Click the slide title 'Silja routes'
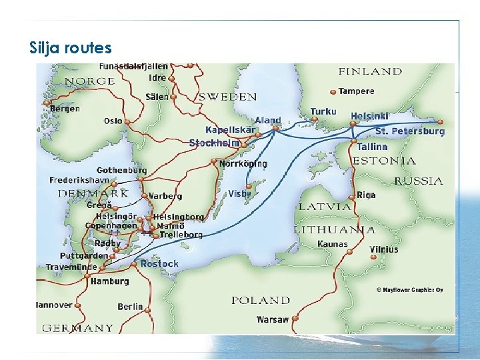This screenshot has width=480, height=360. [71, 48]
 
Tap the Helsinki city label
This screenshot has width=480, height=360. [369, 116]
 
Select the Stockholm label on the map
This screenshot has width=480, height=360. [214, 143]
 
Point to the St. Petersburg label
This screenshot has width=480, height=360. [409, 131]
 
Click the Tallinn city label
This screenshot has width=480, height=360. [372, 147]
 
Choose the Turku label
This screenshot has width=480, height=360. [323, 111]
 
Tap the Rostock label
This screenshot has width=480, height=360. [159, 264]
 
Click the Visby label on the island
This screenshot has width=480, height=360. [240, 194]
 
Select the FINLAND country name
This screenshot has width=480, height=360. [371, 71]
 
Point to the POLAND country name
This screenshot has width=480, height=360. [261, 301]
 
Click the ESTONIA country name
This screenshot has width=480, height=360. [384, 161]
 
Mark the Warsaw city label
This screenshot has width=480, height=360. [273, 320]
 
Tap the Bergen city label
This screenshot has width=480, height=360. [65, 109]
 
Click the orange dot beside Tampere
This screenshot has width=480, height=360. [333, 92]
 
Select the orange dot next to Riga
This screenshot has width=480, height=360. [352, 197]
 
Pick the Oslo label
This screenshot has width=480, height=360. [113, 121]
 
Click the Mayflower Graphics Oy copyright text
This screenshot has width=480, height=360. [410, 290]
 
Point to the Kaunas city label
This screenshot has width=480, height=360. [333, 244]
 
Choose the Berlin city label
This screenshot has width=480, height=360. [131, 307]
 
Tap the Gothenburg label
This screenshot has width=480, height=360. [121, 171]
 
